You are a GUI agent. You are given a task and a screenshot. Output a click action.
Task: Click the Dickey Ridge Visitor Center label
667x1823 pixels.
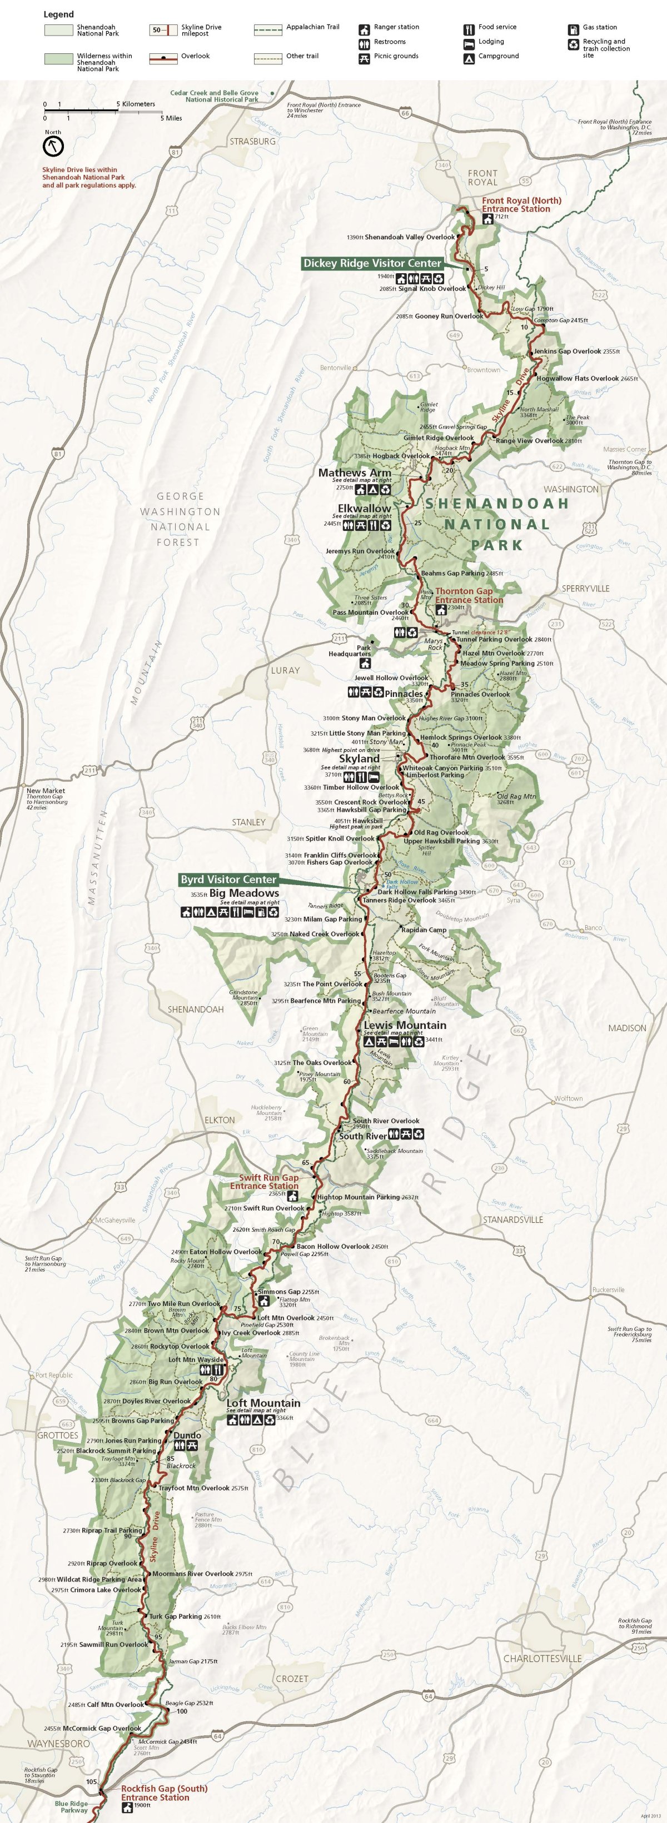(x=372, y=263)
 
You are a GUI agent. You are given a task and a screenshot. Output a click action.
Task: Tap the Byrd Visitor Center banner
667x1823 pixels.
(x=227, y=880)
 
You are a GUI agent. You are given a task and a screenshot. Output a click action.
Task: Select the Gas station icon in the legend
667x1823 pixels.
(x=573, y=29)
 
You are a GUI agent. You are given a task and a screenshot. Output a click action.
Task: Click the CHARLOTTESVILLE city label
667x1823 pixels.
(x=542, y=1658)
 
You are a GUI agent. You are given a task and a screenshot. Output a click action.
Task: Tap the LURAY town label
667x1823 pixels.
(x=285, y=670)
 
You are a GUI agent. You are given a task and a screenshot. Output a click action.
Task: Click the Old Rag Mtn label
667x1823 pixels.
(x=516, y=796)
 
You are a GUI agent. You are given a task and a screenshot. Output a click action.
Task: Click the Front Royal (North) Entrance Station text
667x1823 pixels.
(x=521, y=204)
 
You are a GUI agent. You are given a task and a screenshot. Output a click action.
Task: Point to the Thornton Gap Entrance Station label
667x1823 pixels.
(x=469, y=595)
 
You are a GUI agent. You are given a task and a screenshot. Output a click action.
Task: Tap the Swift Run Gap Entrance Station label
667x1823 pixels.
(x=264, y=1182)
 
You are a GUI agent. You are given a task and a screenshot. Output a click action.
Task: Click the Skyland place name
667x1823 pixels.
(x=359, y=758)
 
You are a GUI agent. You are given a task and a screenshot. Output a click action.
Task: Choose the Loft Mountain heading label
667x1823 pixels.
(x=263, y=1403)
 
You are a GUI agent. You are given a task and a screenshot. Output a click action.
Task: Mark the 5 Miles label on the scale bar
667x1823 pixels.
(x=171, y=118)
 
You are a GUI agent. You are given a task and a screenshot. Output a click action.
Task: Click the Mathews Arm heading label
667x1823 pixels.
(x=354, y=472)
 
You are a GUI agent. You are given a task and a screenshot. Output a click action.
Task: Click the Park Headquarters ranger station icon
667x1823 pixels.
(x=365, y=664)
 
